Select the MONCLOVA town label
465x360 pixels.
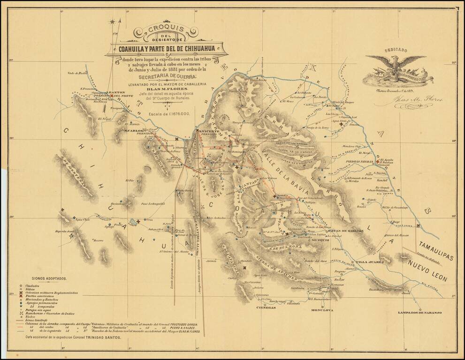coord(322,310)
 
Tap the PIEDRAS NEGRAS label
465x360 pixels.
coord(359,161)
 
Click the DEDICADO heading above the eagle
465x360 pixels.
coord(396,50)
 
